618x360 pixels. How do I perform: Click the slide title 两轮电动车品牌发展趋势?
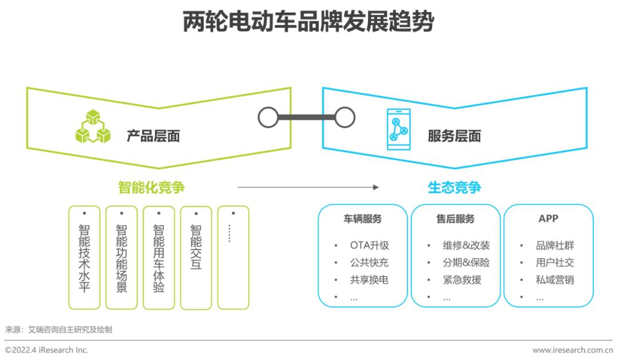click(x=308, y=22)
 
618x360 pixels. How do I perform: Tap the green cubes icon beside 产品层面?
click(x=93, y=126)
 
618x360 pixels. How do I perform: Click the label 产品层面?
click(x=153, y=136)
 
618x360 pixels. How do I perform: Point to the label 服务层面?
click(x=454, y=136)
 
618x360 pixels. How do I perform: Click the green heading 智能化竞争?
click(x=152, y=187)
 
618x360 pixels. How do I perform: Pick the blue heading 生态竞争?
click(x=454, y=187)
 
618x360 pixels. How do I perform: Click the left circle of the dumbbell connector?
click(x=268, y=117)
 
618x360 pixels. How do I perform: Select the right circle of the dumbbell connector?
click(x=344, y=117)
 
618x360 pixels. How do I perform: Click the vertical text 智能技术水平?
click(x=84, y=258)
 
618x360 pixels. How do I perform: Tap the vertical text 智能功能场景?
click(x=121, y=258)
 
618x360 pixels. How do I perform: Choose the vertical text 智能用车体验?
click(x=159, y=258)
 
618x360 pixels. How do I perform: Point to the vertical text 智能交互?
click(x=196, y=247)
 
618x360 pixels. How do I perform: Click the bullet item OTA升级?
click(x=369, y=246)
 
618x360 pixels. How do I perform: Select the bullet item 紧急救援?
click(x=462, y=280)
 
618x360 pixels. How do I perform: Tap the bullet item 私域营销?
click(x=554, y=280)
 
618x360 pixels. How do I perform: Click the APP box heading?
click(x=548, y=219)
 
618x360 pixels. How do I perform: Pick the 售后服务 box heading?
click(x=455, y=219)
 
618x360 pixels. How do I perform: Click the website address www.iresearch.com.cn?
click(x=572, y=350)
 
